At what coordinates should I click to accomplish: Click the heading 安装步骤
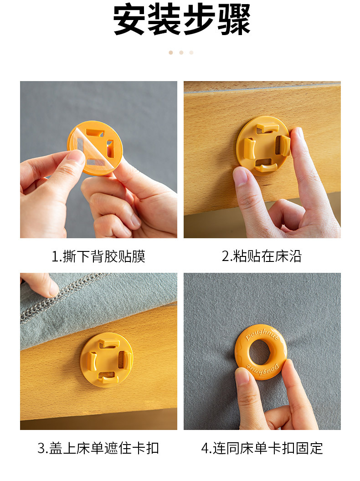[181, 20]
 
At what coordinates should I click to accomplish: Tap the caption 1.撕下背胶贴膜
[98, 256]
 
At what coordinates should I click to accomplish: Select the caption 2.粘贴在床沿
[262, 256]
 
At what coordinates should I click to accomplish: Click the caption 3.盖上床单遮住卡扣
[98, 448]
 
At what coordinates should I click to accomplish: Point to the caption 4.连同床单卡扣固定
[262, 448]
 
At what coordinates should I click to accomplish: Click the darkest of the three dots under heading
[171, 52]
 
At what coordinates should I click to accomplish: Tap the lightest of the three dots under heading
[191, 52]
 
